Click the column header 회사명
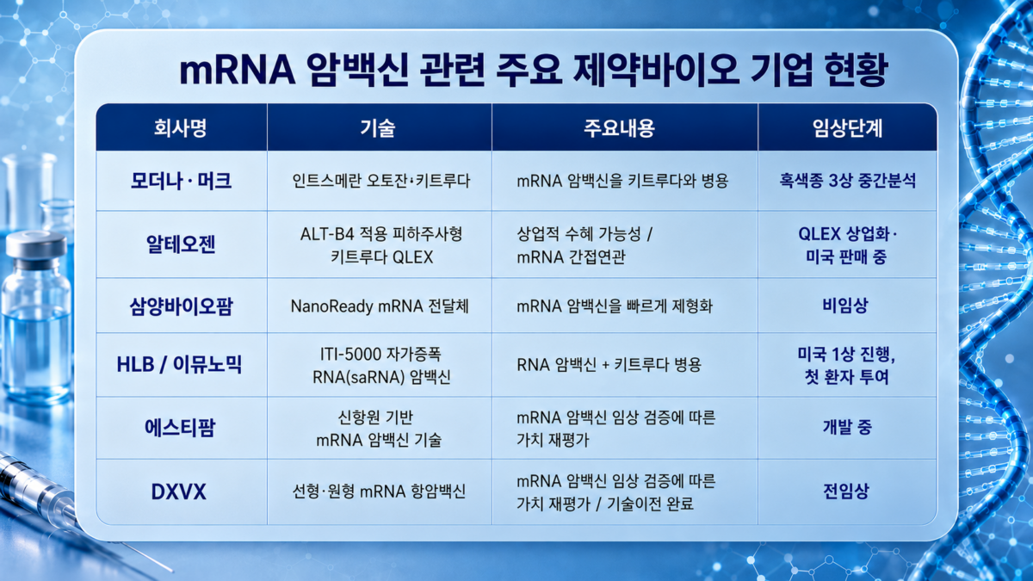pyautogui.click(x=180, y=127)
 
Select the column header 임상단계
pyautogui.click(x=847, y=127)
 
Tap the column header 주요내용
pyautogui.click(x=619, y=127)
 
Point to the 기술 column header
pyautogui.click(x=378, y=127)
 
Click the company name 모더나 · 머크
pyautogui.click(x=181, y=180)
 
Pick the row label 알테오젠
pyautogui.click(x=181, y=244)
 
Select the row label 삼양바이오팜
pyautogui.click(x=181, y=306)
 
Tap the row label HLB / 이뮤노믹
pyautogui.click(x=179, y=364)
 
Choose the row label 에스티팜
pyautogui.click(x=180, y=428)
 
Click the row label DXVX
pyautogui.click(x=178, y=491)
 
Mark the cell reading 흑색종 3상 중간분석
pyautogui.click(x=847, y=180)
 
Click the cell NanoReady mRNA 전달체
pyautogui.click(x=380, y=306)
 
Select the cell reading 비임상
pyautogui.click(x=845, y=306)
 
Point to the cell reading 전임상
pyautogui.click(x=845, y=491)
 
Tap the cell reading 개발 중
pyautogui.click(x=847, y=427)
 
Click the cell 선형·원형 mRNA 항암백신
pyautogui.click(x=379, y=491)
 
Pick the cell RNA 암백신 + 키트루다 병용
pyautogui.click(x=609, y=365)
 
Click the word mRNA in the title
pyautogui.click(x=238, y=71)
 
